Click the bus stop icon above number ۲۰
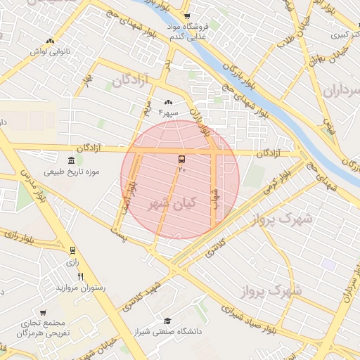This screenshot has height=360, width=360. [x=182, y=160]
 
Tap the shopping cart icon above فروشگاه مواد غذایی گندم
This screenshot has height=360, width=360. [x=186, y=16]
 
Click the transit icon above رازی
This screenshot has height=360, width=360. [x=72, y=250]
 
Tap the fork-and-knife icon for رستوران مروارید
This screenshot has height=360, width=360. [x=80, y=276]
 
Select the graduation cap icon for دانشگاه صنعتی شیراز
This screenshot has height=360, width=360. [x=167, y=321]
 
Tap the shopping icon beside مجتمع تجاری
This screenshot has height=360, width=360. [x=43, y=313]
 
